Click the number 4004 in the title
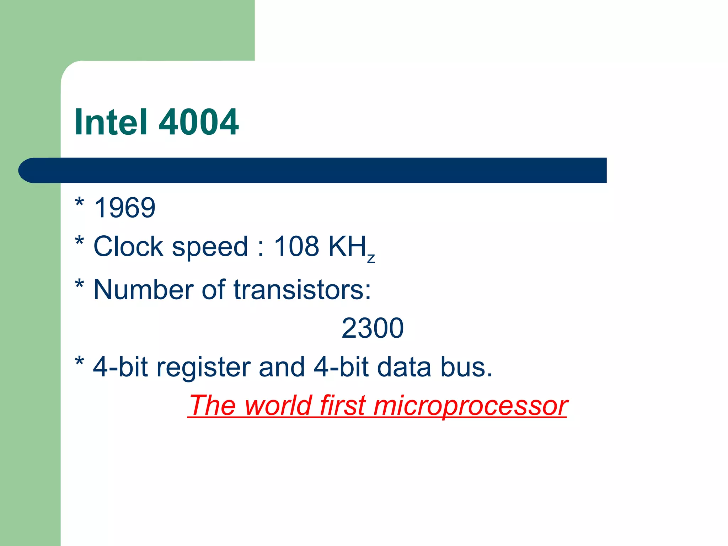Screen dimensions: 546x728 [199, 122]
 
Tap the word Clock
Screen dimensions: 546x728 [128, 246]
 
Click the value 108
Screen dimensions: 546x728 [296, 246]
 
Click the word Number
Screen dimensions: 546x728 [144, 289]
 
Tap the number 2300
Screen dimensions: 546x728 [372, 328]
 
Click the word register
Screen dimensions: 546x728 [203, 368]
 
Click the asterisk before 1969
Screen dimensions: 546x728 [80, 203]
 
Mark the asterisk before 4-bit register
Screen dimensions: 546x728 [80, 363]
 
